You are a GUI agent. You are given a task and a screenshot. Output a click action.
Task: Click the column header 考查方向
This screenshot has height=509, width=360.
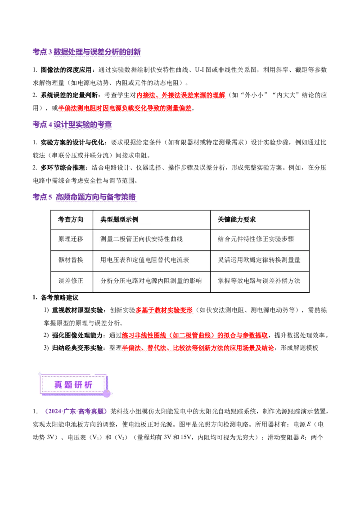pyautogui.click(x=71, y=219)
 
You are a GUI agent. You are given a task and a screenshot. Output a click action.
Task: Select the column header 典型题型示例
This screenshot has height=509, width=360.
pyautogui.click(x=119, y=219)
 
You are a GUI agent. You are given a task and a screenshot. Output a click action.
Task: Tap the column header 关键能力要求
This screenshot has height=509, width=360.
pyautogui.click(x=237, y=219)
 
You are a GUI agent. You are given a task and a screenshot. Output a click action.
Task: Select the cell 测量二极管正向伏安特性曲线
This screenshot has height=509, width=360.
pyautogui.click(x=141, y=239)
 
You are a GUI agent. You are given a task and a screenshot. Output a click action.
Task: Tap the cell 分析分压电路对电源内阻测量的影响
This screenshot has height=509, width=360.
pyautogui.click(x=151, y=281)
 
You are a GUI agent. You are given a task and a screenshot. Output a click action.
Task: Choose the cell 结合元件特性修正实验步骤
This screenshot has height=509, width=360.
pyautogui.click(x=256, y=239)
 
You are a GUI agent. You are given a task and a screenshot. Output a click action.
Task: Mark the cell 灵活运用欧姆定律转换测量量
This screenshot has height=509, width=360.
pyautogui.click(x=259, y=260)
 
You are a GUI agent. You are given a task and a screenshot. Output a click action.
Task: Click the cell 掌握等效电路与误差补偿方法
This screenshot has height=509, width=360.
pyautogui.click(x=259, y=281)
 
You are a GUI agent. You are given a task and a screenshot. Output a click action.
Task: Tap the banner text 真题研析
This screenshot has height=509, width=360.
pyautogui.click(x=73, y=385)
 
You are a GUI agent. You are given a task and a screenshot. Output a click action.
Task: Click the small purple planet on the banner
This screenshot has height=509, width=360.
pyautogui.click(x=107, y=393)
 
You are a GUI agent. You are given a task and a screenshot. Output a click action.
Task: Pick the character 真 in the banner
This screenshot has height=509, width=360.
pyautogui.click(x=58, y=385)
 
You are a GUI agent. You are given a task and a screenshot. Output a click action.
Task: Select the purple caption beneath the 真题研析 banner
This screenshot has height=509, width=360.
pyautogui.click(x=75, y=411)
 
